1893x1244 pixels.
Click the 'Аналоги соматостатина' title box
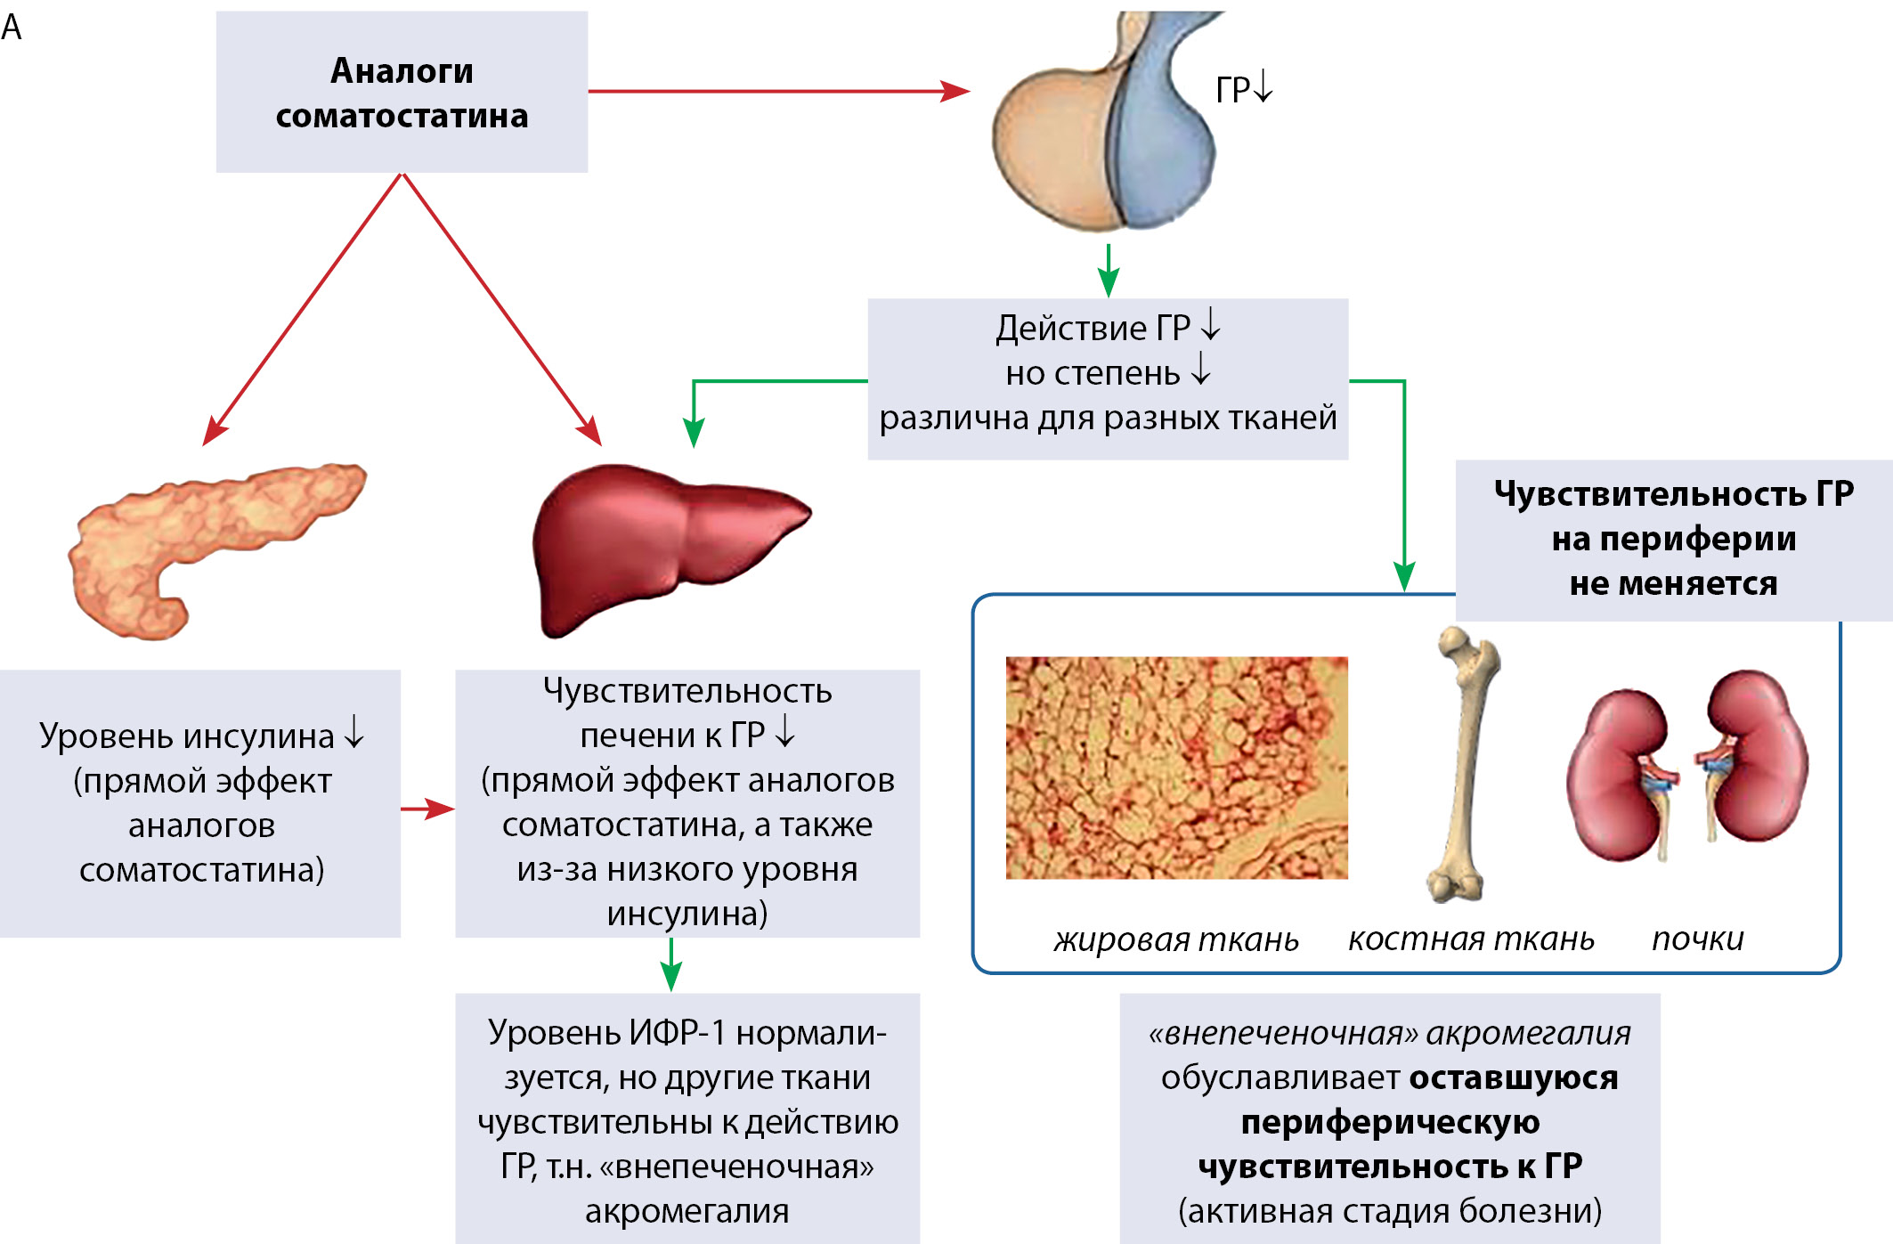click(402, 92)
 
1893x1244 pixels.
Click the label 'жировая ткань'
click(1176, 939)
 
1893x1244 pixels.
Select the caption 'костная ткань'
click(1471, 939)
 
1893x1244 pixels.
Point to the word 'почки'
click(1697, 939)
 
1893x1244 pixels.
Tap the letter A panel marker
click(12, 28)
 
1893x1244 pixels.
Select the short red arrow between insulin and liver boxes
click(427, 809)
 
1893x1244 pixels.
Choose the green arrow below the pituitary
click(1108, 271)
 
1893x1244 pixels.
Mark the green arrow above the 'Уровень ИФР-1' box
click(671, 965)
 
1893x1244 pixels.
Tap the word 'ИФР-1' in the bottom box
click(678, 1033)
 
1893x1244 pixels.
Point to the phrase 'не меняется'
click(1673, 583)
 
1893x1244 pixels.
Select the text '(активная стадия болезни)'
click(1390, 1211)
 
